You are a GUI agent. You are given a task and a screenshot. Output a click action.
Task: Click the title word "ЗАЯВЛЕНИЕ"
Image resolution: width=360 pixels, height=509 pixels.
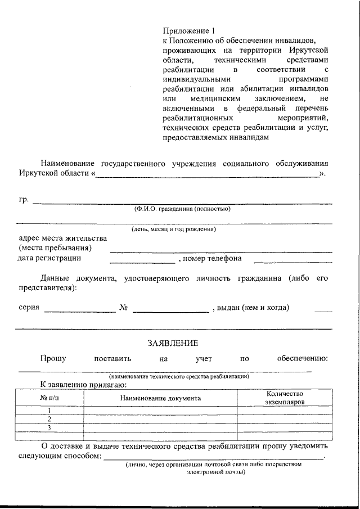click(173, 343)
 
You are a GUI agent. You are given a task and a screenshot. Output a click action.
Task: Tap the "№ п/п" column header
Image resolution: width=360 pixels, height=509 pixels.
click(49, 398)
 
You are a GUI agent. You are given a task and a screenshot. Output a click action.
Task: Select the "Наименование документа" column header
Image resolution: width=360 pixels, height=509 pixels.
click(160, 398)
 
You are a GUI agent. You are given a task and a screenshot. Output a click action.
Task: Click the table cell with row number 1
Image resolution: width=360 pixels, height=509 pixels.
click(49, 410)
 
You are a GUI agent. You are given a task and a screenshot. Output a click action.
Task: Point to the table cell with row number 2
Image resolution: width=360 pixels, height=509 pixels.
click(49, 419)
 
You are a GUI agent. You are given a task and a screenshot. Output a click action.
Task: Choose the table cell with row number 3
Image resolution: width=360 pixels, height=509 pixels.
click(49, 428)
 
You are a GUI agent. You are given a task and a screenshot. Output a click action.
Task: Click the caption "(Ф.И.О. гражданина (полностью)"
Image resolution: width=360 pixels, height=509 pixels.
click(181, 209)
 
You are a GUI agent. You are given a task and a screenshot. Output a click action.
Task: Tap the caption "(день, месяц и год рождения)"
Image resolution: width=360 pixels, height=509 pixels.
click(174, 229)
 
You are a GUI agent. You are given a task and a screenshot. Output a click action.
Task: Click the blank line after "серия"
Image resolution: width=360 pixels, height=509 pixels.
click(80, 311)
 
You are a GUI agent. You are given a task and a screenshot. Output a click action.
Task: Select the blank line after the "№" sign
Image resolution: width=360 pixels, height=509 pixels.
click(170, 311)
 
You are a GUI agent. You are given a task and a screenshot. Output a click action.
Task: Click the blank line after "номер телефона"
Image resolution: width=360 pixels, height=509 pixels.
click(292, 262)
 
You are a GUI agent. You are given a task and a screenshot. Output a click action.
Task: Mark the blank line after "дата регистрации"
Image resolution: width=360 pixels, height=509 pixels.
click(142, 262)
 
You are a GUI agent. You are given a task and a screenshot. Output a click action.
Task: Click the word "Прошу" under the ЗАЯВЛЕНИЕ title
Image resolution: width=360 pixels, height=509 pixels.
click(53, 358)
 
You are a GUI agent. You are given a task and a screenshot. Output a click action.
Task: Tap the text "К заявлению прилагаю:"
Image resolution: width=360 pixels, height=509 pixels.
click(83, 385)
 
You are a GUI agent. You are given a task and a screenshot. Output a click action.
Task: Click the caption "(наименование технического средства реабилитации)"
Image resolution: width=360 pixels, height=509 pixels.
click(179, 376)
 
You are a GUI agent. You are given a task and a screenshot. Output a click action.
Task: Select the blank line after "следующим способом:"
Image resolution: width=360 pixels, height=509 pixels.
click(213, 459)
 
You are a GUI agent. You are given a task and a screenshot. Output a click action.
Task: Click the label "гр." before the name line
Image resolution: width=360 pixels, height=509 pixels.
click(24, 200)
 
